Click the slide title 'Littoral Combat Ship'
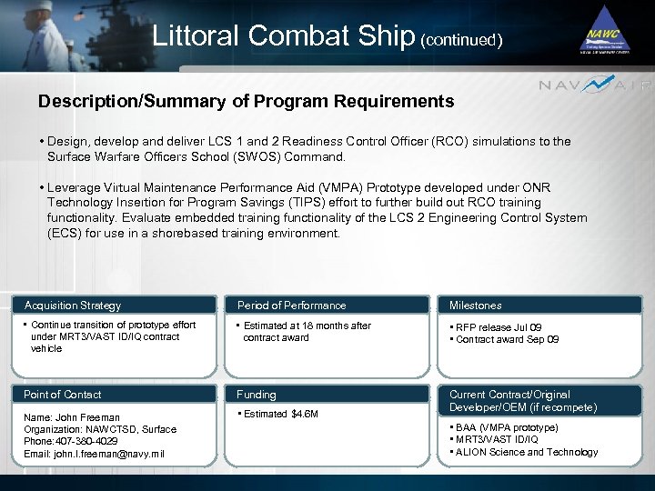283,35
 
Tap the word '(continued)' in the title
461,40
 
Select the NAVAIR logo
596,85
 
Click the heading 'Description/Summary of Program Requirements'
246,101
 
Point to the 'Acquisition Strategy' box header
73,306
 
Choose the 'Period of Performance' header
291,306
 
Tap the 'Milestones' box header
475,306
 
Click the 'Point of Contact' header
63,395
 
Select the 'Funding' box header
257,395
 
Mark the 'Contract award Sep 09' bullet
507,339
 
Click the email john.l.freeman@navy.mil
94,454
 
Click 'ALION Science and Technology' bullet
523,452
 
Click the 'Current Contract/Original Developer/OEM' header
523,401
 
